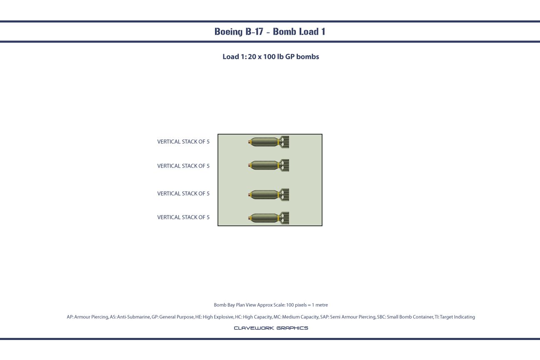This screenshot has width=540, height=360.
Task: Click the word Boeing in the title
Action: pyautogui.click(x=228, y=32)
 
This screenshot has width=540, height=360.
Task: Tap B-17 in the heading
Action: pyautogui.click(x=254, y=32)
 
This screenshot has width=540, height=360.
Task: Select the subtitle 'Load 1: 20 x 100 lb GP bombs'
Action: pyautogui.click(x=270, y=57)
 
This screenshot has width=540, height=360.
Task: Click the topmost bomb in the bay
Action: pyautogui.click(x=269, y=142)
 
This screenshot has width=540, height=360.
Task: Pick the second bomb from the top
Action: pyautogui.click(x=269, y=165)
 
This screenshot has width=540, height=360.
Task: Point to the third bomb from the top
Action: pyautogui.click(x=269, y=195)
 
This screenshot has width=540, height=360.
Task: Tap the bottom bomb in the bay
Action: pyautogui.click(x=269, y=218)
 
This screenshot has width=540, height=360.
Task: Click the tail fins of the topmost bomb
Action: pyautogui.click(x=285, y=142)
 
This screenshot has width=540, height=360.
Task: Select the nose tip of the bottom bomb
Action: pyautogui.click(x=249, y=218)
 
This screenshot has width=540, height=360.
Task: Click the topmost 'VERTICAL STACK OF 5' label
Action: pyautogui.click(x=183, y=142)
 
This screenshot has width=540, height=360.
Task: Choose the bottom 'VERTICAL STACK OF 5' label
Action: pyautogui.click(x=183, y=217)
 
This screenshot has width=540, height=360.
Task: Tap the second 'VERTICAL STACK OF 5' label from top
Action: pyautogui.click(x=183, y=166)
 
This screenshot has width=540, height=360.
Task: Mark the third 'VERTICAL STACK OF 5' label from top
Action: pyautogui.click(x=183, y=194)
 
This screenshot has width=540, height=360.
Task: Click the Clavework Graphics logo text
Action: pyautogui.click(x=271, y=328)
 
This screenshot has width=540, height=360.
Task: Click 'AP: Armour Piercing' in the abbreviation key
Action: pyautogui.click(x=87, y=317)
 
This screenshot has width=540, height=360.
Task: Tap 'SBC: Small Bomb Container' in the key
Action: pyautogui.click(x=405, y=317)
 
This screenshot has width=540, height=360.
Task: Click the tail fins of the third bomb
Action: pyautogui.click(x=285, y=195)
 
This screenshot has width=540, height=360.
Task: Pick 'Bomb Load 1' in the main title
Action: pyautogui.click(x=299, y=32)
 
